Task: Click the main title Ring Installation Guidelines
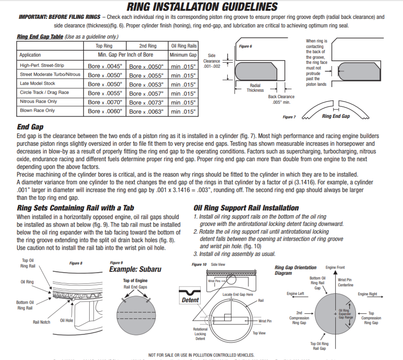tap(202, 7)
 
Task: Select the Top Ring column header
tap(104, 46)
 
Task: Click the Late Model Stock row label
tap(37, 84)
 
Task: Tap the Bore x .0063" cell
tap(146, 111)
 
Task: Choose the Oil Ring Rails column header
tap(184, 46)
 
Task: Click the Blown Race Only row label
tap(37, 111)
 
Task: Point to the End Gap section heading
tap(30, 127)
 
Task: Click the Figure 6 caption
tap(245, 46)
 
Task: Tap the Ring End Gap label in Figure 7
tap(336, 116)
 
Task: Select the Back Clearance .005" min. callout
tap(281, 99)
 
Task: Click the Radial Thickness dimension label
tap(255, 88)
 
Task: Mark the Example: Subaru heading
tap(135, 270)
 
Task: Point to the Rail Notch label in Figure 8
tap(42, 322)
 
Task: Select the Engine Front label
tap(335, 267)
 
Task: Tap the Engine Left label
tap(295, 294)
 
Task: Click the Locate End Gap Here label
tap(238, 294)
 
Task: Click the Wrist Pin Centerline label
tap(345, 282)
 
